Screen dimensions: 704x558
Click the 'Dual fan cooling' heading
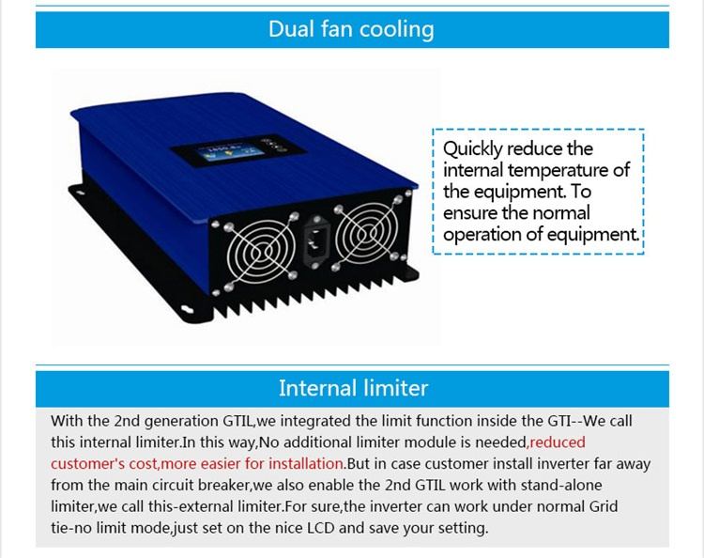(x=351, y=30)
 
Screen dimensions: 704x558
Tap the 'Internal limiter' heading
(x=353, y=388)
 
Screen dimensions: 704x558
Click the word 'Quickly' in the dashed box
(x=472, y=149)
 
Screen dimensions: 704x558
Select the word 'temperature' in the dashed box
(x=558, y=170)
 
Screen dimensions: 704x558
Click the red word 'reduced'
(x=558, y=442)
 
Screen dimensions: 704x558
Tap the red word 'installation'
(x=306, y=463)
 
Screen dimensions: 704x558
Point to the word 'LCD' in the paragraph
(x=321, y=527)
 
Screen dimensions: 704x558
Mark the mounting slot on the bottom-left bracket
(x=188, y=309)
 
